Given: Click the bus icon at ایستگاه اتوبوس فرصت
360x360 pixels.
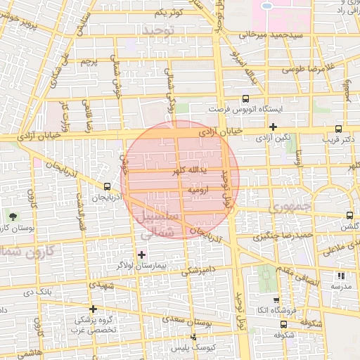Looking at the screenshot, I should pos(245,99).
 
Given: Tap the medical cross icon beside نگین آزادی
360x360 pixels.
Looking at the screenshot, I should pos(273,127).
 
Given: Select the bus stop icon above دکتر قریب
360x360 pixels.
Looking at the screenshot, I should pos(339,129).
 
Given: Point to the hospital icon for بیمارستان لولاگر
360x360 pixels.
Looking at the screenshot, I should pos(142,254).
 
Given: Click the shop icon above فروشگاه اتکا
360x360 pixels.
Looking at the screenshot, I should pos(276,300).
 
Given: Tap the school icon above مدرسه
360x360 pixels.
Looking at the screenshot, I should pos(341,276).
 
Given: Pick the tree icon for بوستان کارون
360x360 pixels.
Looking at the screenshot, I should pos(13,214).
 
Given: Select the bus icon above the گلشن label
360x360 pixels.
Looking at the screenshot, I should pos(349,216).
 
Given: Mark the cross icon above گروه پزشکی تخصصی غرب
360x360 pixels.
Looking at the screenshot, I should pos(92,308).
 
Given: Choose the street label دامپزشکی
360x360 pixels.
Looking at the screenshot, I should pos(200,268).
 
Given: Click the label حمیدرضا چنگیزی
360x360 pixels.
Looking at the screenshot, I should pos(285,235).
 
